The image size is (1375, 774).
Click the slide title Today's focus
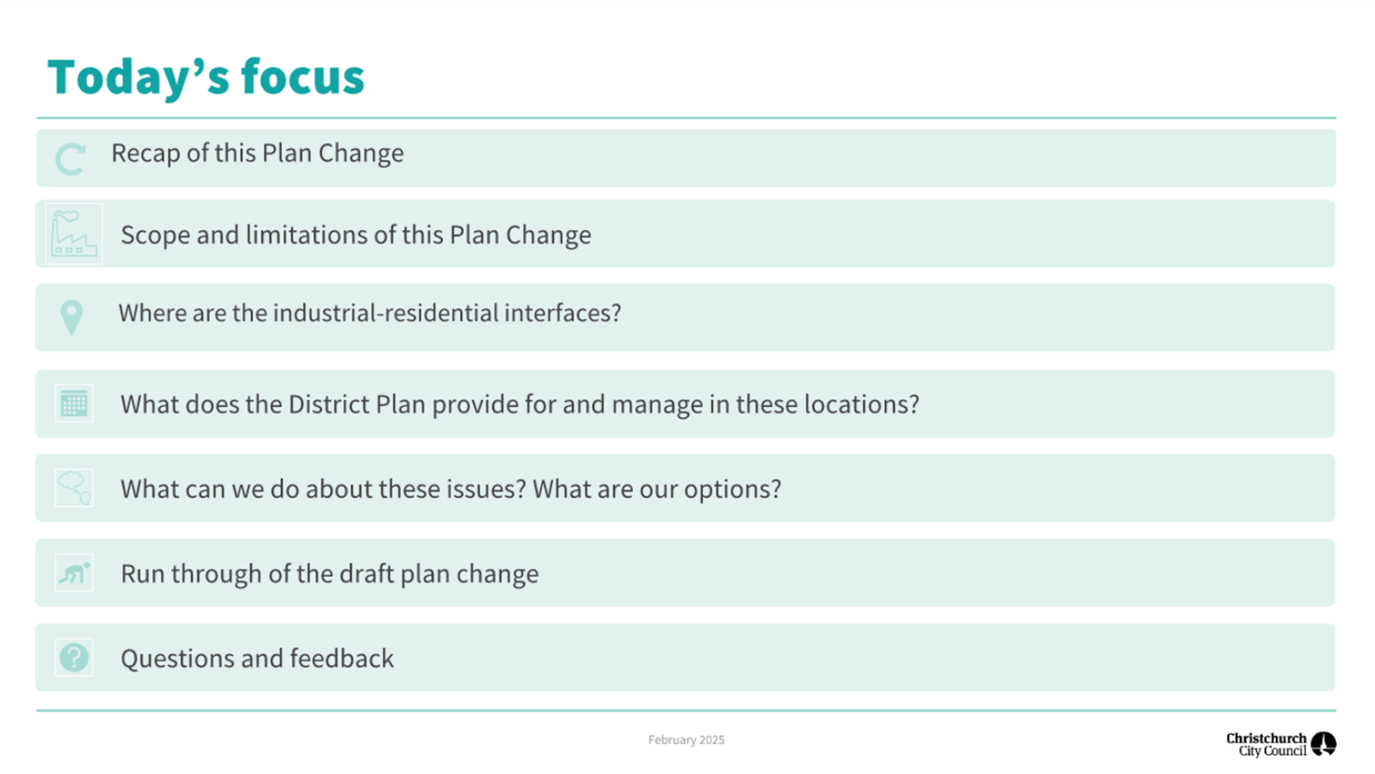[x=205, y=77]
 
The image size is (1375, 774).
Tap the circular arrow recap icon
[x=70, y=159]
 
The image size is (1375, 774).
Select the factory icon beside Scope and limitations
[x=73, y=234]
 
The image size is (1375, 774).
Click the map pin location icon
[x=71, y=318]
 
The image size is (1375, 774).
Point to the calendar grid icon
[x=74, y=403]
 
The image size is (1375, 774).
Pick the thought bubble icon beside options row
[x=74, y=488]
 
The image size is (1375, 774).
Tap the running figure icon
[x=74, y=573]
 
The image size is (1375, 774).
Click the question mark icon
[x=74, y=658]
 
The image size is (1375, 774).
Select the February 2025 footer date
[x=686, y=740]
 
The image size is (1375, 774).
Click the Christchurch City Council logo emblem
[x=1323, y=744]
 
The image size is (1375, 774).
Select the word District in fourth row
[x=329, y=404]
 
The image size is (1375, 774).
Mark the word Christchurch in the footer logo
[x=1265, y=738]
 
